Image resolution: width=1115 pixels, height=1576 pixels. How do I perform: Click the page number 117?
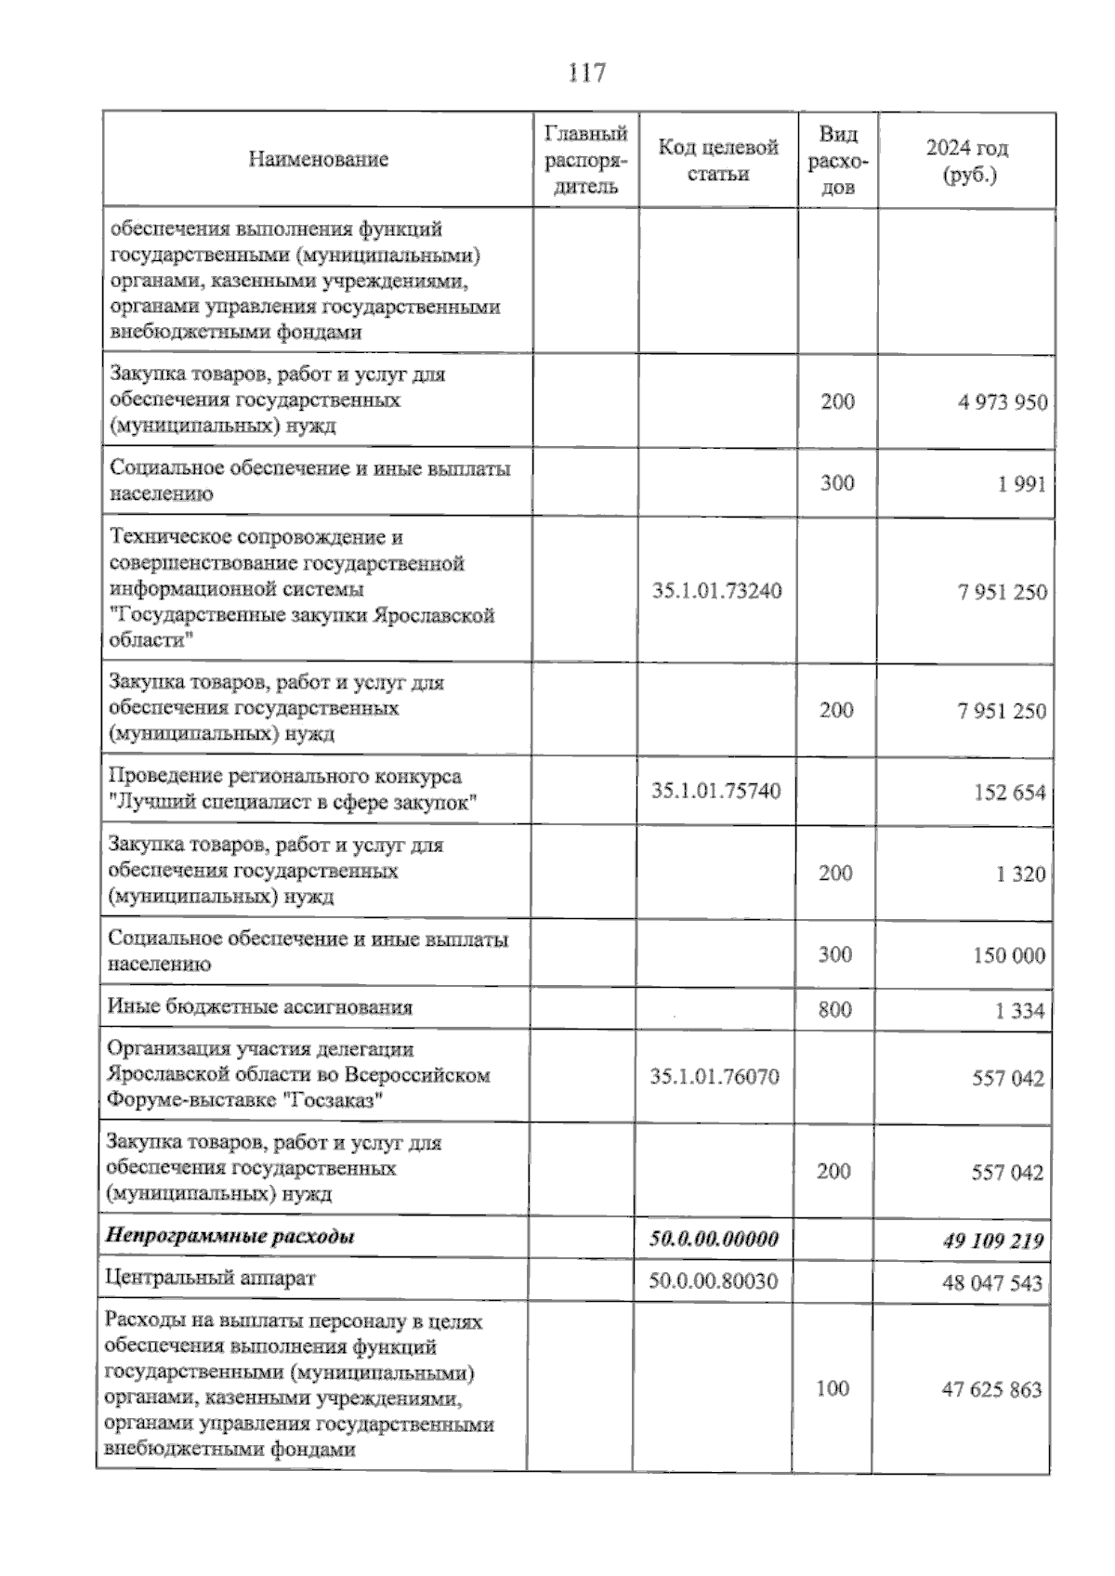[x=586, y=72]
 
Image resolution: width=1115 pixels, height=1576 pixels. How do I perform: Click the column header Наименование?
[x=318, y=160]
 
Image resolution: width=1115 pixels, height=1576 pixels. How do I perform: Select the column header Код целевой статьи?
[x=717, y=160]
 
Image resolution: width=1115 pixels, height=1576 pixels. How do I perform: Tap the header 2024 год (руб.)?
[x=967, y=161]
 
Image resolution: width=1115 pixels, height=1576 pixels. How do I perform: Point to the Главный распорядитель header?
[x=585, y=160]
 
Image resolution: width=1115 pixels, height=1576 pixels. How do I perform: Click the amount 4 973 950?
[x=1003, y=402]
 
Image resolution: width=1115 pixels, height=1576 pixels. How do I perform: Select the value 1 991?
[x=1022, y=484]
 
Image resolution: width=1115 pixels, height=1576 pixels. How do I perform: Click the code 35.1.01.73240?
[x=716, y=591]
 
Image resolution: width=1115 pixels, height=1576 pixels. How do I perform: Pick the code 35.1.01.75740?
[x=715, y=792]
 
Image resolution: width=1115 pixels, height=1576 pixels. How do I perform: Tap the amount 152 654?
[x=1009, y=793]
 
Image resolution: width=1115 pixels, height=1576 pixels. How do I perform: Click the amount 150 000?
[x=1008, y=956]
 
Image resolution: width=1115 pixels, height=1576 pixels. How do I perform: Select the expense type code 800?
[x=834, y=1009]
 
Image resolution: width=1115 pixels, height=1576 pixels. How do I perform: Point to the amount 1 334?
[x=1019, y=1011]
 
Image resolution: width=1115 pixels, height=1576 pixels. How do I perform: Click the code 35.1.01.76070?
[x=715, y=1077]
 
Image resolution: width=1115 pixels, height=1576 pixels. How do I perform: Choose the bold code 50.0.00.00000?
[x=713, y=1239]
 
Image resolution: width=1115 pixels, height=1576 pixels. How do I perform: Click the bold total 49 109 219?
[x=991, y=1241]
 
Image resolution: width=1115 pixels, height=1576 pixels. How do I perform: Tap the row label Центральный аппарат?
[x=211, y=1278]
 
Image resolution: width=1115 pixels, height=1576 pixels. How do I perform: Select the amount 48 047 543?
[x=991, y=1283]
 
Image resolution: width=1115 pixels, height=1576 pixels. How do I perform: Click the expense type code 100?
[x=833, y=1388]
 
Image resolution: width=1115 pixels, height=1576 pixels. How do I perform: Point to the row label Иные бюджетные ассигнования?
[x=260, y=1007]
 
